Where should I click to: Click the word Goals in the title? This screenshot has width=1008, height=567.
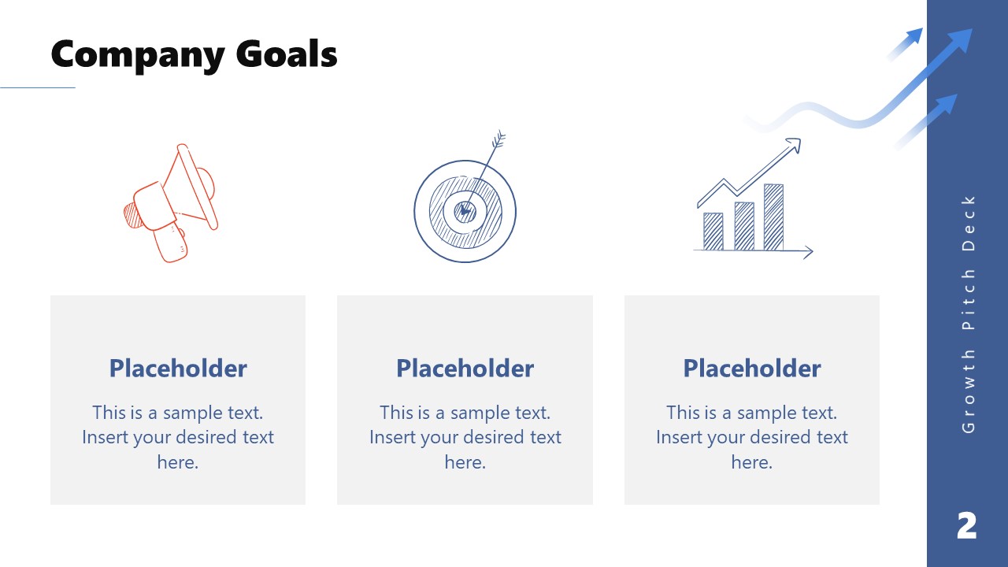coord(287,55)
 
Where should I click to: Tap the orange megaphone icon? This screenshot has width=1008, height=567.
coord(170,203)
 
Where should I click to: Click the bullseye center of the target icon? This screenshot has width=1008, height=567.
coord(465,210)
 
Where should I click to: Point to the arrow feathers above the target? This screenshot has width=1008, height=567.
coord(498,139)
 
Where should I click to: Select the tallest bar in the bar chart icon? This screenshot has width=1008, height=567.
coord(773,217)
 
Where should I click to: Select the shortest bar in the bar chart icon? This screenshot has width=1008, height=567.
coord(713,232)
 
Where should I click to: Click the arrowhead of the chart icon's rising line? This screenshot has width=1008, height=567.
coord(793,145)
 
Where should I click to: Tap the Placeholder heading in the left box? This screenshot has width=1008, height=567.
coord(178,368)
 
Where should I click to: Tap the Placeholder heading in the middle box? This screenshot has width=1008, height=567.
coord(465,368)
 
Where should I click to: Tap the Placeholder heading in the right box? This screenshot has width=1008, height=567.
coord(752,368)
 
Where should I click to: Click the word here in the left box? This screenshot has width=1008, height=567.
coord(177,462)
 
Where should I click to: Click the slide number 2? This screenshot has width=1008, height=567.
coord(967,526)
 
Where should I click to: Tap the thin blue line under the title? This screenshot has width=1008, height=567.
coord(38,87)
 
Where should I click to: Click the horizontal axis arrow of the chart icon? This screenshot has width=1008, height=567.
coord(806,252)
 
